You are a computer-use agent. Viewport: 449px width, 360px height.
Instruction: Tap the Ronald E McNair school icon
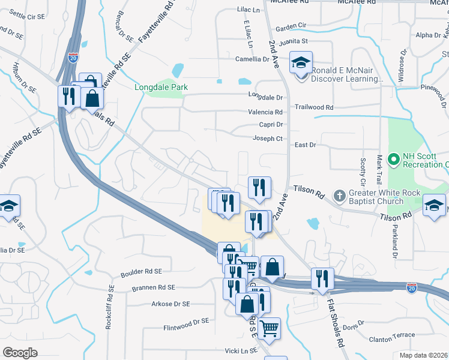[301, 62]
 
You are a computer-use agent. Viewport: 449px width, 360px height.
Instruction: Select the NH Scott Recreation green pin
[394, 160]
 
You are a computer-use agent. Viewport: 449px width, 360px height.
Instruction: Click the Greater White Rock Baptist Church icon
[340, 196]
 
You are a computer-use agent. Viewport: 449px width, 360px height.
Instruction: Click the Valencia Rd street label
[265, 112]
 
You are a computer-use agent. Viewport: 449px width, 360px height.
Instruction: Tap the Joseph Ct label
[268, 138]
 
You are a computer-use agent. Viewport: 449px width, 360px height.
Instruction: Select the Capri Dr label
[271, 125]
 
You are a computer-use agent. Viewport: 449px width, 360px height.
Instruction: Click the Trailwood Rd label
[313, 107]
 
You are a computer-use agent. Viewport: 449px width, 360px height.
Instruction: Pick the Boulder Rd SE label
[142, 272]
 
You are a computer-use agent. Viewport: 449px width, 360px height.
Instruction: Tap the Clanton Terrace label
[393, 335]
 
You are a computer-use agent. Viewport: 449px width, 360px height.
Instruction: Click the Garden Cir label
[291, 26]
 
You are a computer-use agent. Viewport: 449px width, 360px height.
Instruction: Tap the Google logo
[20, 353]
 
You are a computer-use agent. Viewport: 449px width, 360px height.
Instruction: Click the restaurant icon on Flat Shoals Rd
[323, 278]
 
